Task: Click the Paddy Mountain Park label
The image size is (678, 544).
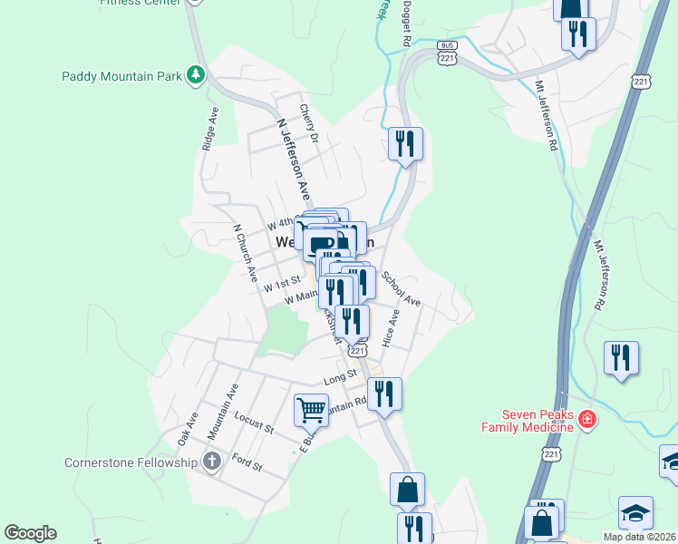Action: pos(120,76)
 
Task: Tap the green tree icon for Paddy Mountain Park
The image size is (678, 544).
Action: pos(195,75)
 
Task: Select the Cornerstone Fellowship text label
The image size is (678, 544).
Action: pos(131,462)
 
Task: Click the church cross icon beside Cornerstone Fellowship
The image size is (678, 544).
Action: pos(211,461)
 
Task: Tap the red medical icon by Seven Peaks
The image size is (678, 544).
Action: pos(587,419)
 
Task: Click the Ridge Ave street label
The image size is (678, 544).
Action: pos(210,129)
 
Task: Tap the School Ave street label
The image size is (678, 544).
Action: pos(401,288)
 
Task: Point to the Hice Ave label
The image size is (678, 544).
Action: pos(391,331)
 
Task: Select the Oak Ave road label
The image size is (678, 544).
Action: pos(188,428)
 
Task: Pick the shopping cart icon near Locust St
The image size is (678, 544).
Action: pos(311,410)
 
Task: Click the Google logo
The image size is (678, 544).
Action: pos(30,533)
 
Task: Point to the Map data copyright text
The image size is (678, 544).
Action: pos(639,537)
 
